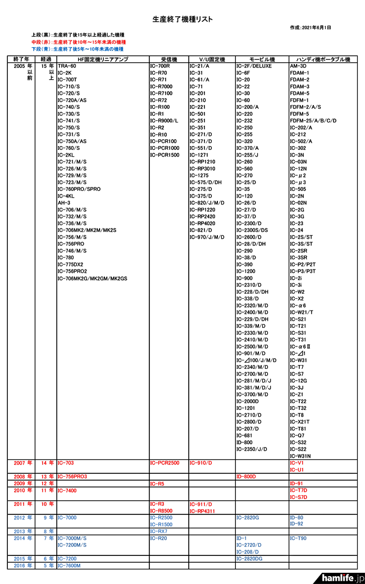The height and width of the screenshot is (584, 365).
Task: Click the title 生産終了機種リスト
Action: [x=182, y=19]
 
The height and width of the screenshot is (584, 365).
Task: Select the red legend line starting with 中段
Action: [x=78, y=42]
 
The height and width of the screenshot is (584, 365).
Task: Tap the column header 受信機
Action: [x=168, y=59]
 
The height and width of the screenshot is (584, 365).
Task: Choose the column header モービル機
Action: [x=261, y=59]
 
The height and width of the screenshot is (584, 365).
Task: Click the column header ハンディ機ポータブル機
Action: [x=320, y=59]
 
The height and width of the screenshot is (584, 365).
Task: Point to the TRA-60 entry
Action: [x=67, y=66]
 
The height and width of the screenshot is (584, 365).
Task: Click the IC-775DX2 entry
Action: [x=70, y=264]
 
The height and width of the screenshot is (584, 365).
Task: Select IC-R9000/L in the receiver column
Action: [x=164, y=121]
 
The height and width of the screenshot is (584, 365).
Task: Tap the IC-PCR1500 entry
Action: [x=165, y=154]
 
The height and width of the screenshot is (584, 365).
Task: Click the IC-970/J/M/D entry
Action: [x=207, y=237]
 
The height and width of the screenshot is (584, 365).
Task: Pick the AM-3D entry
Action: [x=299, y=66]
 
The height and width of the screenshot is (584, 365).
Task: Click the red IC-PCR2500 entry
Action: [x=165, y=463]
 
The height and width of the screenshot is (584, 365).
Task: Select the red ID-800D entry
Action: [x=246, y=476]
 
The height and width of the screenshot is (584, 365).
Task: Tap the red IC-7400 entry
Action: [x=67, y=490]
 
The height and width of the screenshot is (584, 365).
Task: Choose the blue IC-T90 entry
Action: [x=299, y=538]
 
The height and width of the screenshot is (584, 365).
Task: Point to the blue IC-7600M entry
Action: [x=69, y=565]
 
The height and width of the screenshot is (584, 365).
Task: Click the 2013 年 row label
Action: [x=22, y=531]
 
